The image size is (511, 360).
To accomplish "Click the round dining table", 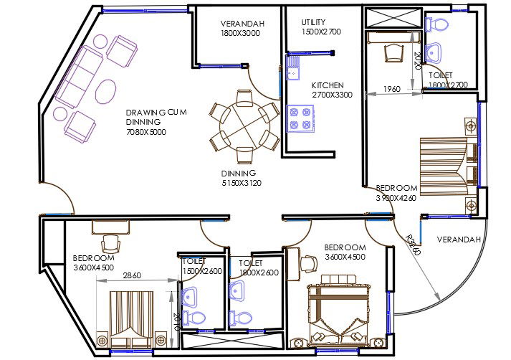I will coord(244,127).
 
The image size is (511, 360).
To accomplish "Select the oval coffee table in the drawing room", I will coord(106,91).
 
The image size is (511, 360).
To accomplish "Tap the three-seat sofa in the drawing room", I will coord(82,75).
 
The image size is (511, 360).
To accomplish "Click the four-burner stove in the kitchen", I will coord(300,118).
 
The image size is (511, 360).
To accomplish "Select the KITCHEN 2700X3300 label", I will coord(332,90).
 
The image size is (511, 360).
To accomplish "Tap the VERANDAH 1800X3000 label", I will coord(242,29).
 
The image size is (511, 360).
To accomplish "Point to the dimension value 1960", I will coord(391,89).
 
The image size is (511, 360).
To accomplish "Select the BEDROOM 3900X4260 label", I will coord(396,193).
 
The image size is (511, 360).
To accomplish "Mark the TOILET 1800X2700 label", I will coord(447,80).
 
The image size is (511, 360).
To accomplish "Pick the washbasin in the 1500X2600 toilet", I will coord(192,296).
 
